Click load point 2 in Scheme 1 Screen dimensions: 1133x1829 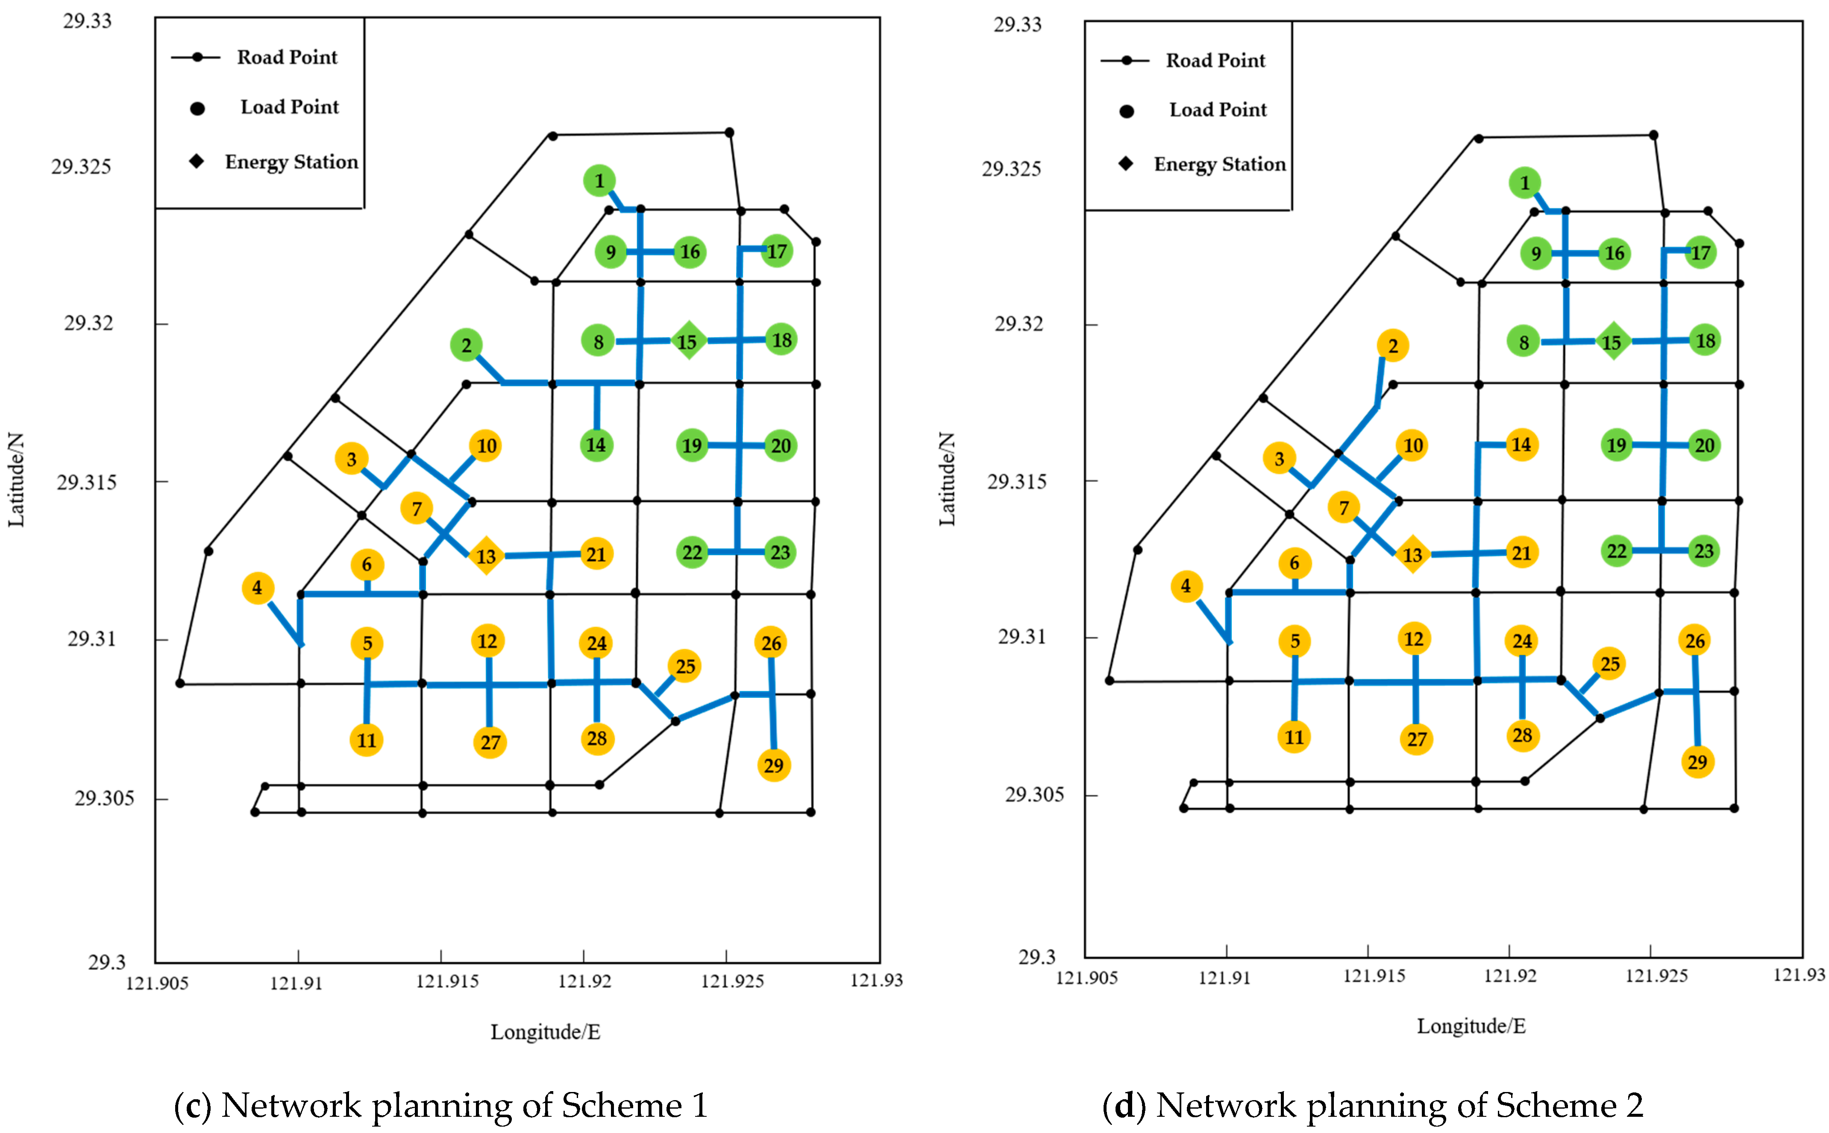(466, 345)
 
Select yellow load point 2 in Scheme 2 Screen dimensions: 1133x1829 (1392, 345)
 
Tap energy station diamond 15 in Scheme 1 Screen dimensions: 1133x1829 (687, 341)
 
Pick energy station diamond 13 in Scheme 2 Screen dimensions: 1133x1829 (1412, 554)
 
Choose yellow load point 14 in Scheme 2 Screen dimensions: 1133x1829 (1521, 444)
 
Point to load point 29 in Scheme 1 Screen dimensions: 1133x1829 (774, 765)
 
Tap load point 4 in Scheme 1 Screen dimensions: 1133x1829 (257, 588)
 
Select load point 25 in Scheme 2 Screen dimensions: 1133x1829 (1609, 664)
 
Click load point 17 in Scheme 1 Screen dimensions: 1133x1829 (777, 251)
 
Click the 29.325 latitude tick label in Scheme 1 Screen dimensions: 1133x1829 (81, 167)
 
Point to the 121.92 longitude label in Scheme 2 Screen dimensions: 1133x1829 (1510, 976)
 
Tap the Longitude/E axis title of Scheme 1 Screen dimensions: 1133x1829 (545, 1032)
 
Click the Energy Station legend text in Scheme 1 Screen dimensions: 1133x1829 (292, 162)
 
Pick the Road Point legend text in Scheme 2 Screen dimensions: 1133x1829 (1215, 60)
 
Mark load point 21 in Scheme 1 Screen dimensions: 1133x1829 (596, 554)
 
